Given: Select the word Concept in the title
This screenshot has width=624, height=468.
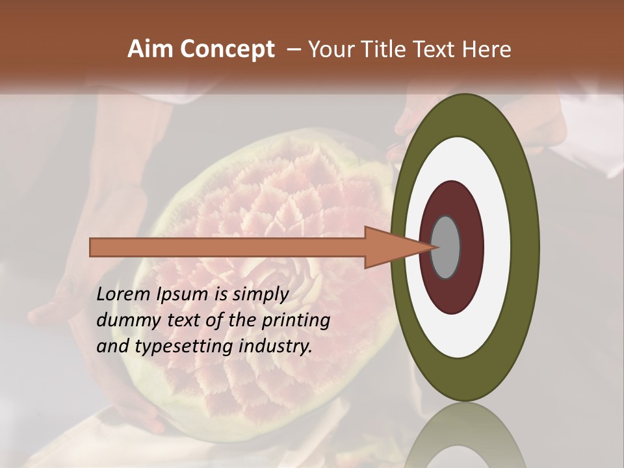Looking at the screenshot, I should pos(227,49).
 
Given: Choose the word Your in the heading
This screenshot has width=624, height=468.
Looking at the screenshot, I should pos(334,49).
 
